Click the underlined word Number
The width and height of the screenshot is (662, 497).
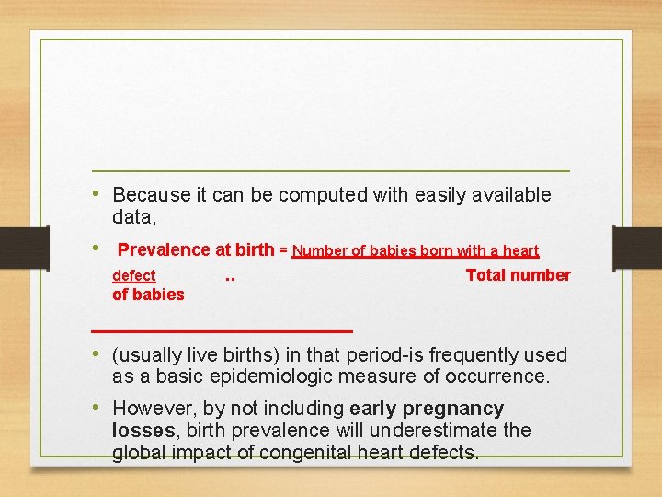(318, 250)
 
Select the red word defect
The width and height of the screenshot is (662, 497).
(133, 275)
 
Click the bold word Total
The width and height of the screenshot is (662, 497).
(487, 275)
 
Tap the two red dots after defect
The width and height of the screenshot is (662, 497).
(230, 276)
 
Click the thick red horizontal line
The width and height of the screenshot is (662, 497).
(222, 329)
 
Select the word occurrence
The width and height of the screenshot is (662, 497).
(501, 376)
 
